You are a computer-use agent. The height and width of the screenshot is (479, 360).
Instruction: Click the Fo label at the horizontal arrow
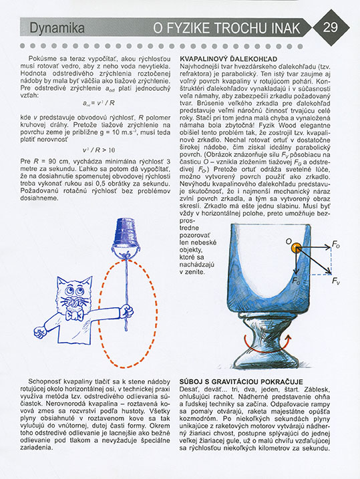point(336,245)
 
